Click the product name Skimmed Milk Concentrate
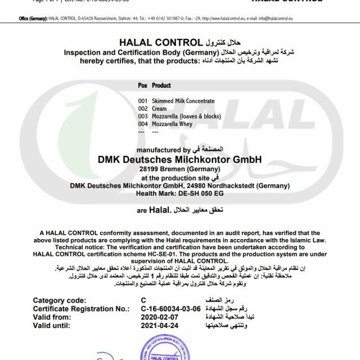[x=183, y=101]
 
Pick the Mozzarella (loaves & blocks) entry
[x=186, y=116]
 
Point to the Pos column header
[x=142, y=85]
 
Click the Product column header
[x=161, y=85]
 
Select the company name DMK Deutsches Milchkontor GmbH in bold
[x=180, y=159]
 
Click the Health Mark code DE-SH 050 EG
[x=198, y=193]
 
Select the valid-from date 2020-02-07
[x=161, y=317]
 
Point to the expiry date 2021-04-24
[x=161, y=325]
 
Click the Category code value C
[x=143, y=300]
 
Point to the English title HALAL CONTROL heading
[x=160, y=42]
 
